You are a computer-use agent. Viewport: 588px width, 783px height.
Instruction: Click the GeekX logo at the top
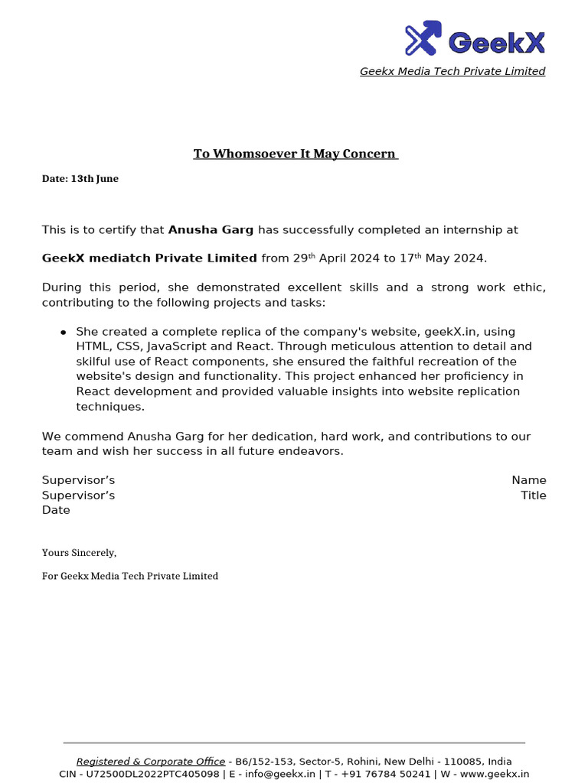(x=475, y=38)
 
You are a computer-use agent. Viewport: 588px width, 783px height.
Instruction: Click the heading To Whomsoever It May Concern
(x=295, y=154)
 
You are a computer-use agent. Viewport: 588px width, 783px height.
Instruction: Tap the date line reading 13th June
(x=80, y=179)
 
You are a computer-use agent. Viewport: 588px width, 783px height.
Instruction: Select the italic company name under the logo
(x=452, y=71)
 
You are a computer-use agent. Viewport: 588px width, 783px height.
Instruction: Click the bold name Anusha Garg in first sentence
(x=211, y=230)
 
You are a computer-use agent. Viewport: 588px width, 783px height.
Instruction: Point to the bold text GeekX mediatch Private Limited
(x=149, y=258)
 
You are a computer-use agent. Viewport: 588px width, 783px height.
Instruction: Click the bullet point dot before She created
(x=63, y=333)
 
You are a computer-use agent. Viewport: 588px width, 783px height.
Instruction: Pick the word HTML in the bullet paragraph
(x=93, y=346)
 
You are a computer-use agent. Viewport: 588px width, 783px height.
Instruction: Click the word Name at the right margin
(x=529, y=480)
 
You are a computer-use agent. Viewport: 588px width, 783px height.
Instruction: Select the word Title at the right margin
(x=534, y=495)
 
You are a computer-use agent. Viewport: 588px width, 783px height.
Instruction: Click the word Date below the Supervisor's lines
(x=56, y=510)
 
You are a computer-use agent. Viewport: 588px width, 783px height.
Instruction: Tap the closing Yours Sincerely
(x=79, y=553)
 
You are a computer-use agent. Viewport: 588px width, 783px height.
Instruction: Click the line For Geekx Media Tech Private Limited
(x=130, y=576)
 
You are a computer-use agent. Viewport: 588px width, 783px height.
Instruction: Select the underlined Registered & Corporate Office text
(x=151, y=762)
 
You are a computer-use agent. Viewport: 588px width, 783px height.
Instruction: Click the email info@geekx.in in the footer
(x=279, y=774)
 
